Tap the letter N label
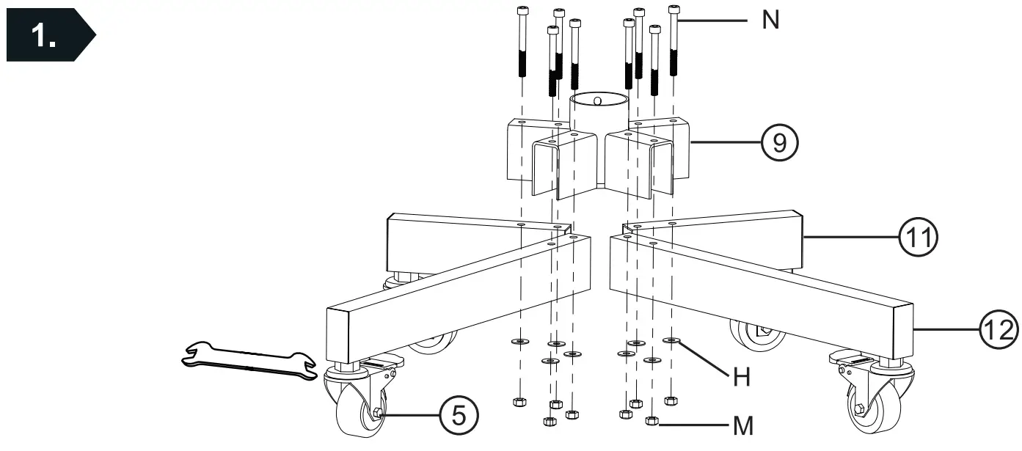(x=770, y=21)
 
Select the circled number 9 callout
(x=780, y=142)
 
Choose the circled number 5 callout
(x=458, y=414)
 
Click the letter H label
(x=742, y=378)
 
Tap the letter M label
(x=742, y=425)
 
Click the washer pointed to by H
(x=671, y=340)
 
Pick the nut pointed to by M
(x=651, y=420)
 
